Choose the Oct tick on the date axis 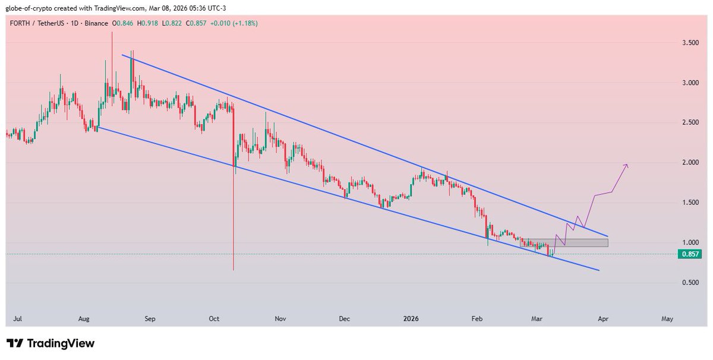click(x=214, y=319)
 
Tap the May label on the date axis click(x=667, y=319)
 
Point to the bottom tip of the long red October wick click(x=234, y=270)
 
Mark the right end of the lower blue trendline click(x=599, y=271)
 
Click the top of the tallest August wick click(x=112, y=32)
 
